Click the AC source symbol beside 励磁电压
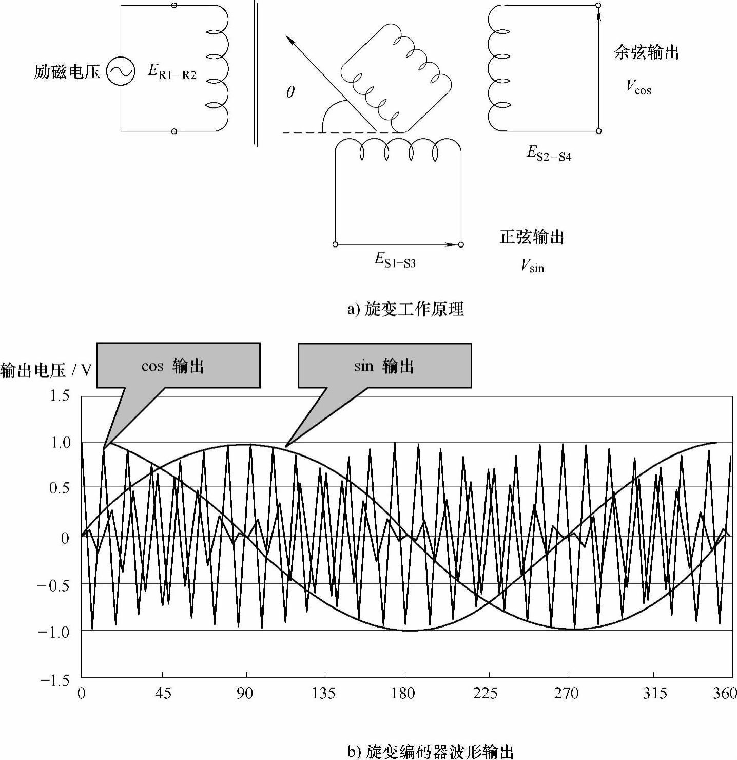[x=121, y=71]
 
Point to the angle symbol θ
[x=290, y=92]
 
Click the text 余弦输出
[x=646, y=52]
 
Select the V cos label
[x=638, y=87]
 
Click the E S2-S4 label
[x=549, y=153]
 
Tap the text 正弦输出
[x=532, y=237]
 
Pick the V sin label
[x=532, y=265]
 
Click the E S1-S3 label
[x=395, y=260]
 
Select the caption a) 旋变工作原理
[x=405, y=309]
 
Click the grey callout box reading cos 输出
[x=178, y=365]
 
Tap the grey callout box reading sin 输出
[x=384, y=365]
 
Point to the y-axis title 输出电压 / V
[x=46, y=370]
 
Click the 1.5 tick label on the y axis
[x=60, y=396]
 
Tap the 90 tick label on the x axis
[x=245, y=694]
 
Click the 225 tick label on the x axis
[x=485, y=694]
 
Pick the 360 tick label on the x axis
[x=725, y=694]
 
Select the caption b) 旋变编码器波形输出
[x=431, y=752]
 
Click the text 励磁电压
[x=67, y=71]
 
